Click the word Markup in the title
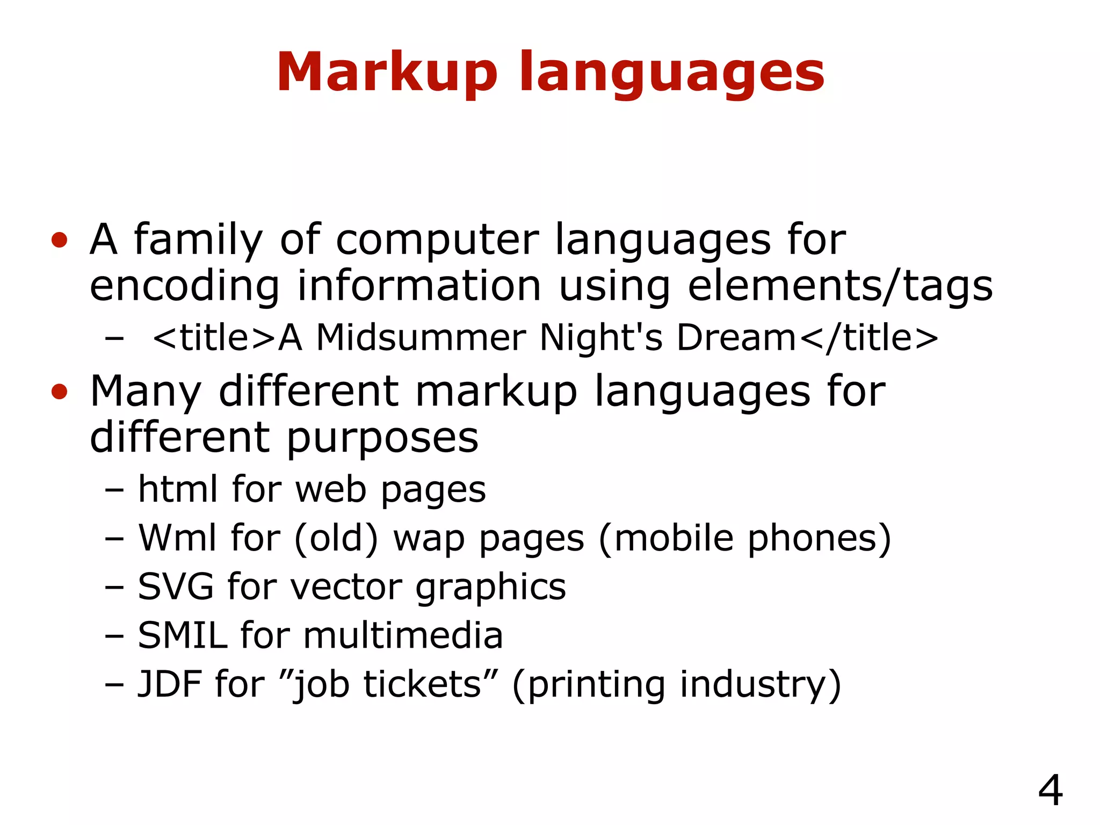pos(387,73)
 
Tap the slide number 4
pos(1050,790)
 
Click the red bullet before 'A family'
pos(59,240)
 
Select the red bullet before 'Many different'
pos(59,392)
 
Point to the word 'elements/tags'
pos(840,286)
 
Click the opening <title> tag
pos(214,338)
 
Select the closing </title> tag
pos(869,338)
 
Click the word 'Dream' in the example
pos(736,338)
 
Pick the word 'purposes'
pos(382,438)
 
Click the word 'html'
pos(179,489)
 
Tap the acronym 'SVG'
pos(176,587)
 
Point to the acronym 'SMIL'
pos(183,635)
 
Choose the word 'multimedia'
pos(403,635)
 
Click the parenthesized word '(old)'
pos(337,538)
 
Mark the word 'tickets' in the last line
pos(422,684)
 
